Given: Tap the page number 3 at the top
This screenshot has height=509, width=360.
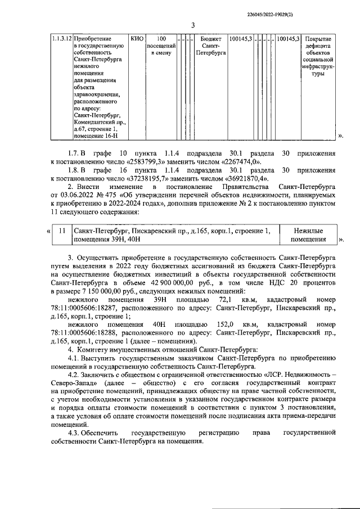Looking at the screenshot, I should tap(193, 25).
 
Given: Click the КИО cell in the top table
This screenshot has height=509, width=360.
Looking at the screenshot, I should tap(137, 39).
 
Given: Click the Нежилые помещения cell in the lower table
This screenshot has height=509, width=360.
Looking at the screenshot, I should tap(308, 235).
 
